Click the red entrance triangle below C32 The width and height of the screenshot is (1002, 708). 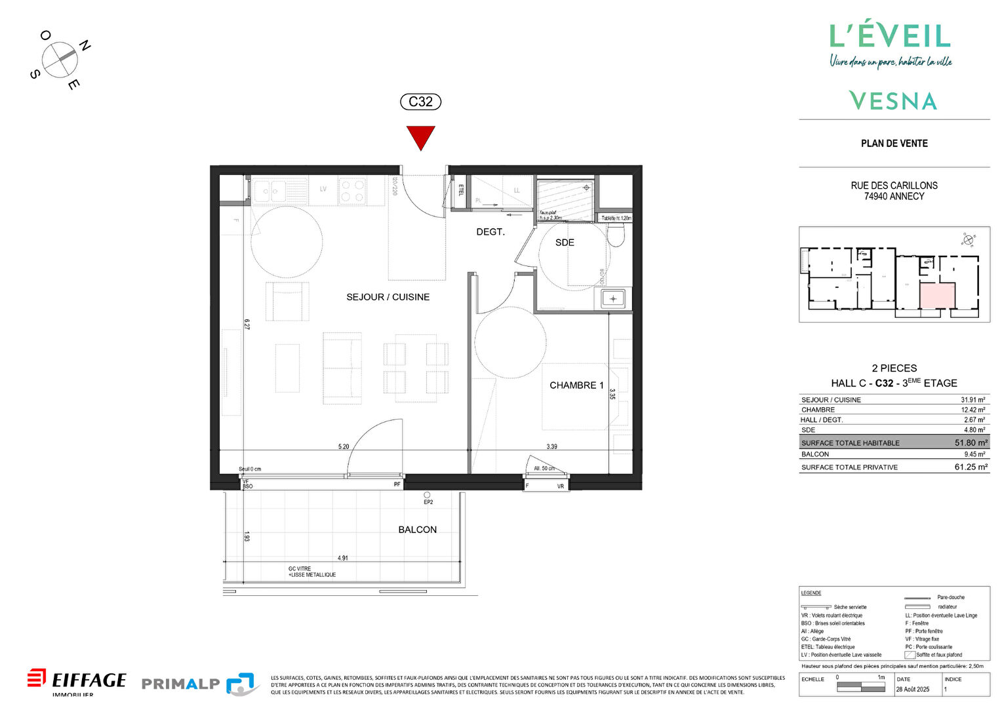[x=420, y=137]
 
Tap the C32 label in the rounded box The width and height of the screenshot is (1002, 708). [x=420, y=102]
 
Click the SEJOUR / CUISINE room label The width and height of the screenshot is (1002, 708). [x=388, y=297]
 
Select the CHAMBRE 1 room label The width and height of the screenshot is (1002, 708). [x=576, y=385]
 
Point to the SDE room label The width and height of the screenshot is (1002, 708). [x=565, y=243]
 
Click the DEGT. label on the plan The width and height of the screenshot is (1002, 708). [x=490, y=232]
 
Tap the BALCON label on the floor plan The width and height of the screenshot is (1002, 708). [x=417, y=530]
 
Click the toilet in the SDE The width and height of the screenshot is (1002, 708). [x=616, y=235]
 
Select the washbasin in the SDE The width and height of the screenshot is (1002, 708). [x=613, y=299]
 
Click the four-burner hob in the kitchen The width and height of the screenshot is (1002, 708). [x=352, y=191]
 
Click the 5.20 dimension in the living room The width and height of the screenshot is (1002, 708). [x=344, y=446]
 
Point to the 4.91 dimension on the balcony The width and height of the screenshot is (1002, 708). [x=343, y=559]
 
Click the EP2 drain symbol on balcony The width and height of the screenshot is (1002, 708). [x=427, y=496]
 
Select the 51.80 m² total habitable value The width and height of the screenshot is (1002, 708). [x=971, y=443]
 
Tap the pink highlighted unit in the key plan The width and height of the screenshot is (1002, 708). [x=936, y=296]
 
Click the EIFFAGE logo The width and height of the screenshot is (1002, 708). [x=77, y=680]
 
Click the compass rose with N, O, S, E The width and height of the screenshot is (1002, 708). [x=60, y=60]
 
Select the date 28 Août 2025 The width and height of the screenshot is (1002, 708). [x=913, y=689]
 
